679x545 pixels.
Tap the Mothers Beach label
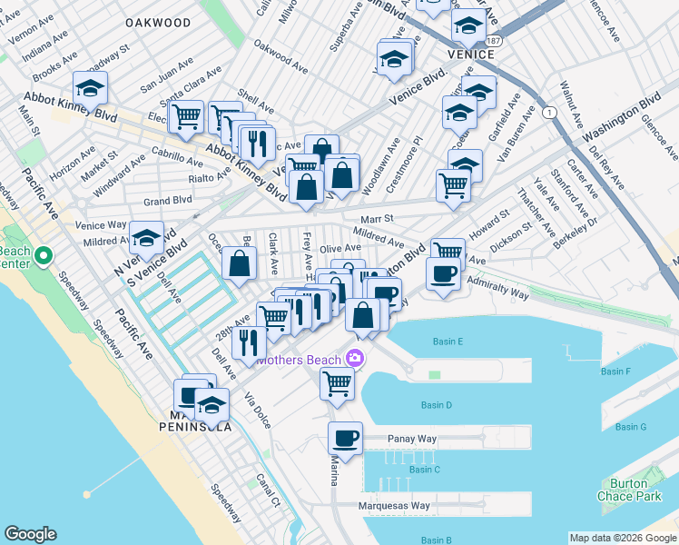(x=300, y=360)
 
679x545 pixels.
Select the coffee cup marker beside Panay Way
(x=345, y=438)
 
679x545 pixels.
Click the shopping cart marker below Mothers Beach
(x=337, y=383)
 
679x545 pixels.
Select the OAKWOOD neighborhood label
(x=159, y=22)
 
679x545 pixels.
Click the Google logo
(x=30, y=534)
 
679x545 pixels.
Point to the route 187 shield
(x=491, y=41)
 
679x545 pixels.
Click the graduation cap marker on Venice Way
(x=146, y=238)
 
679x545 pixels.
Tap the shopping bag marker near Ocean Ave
(x=239, y=265)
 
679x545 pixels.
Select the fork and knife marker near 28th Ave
(x=249, y=342)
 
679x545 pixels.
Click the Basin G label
(x=630, y=427)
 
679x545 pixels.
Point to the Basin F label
(x=615, y=372)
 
